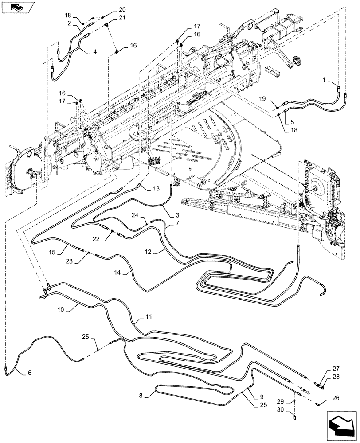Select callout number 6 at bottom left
[x=29, y=373]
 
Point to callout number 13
[x=156, y=189]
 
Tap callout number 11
[x=148, y=318]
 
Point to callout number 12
[x=148, y=251]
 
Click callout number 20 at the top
[x=110, y=10]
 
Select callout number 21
[x=110, y=18]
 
